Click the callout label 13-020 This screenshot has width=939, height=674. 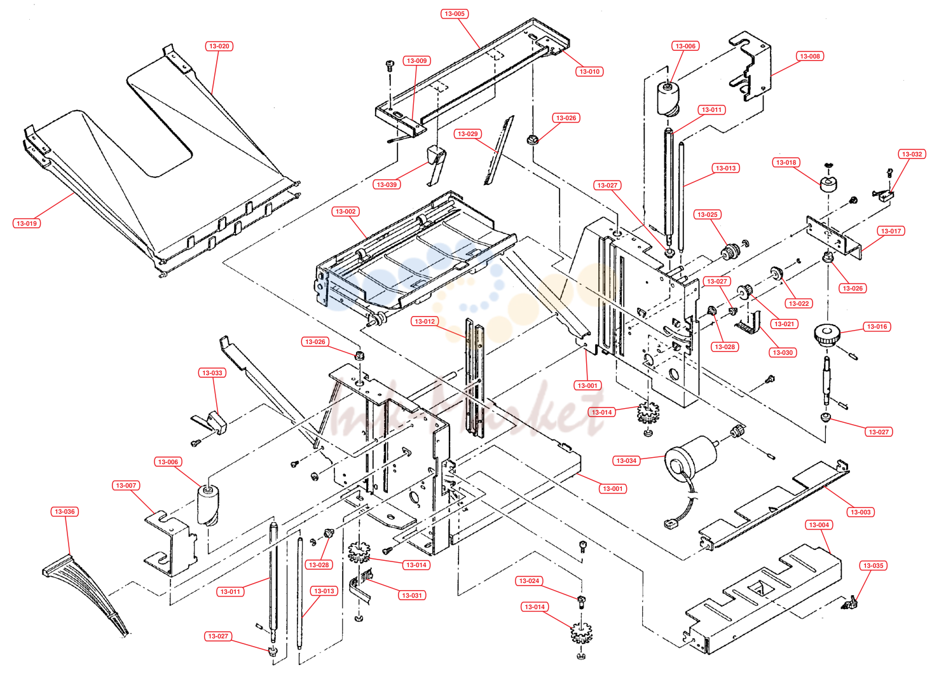219,46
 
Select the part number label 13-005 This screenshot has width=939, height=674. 455,14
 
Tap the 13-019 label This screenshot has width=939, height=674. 27,223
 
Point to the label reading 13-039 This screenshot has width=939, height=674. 387,184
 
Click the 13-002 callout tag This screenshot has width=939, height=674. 345,211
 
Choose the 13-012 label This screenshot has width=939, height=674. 425,322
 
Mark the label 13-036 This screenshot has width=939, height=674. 65,511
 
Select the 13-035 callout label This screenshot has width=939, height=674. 873,565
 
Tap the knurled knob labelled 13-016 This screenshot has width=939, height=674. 826,334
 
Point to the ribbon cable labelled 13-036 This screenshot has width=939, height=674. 86,594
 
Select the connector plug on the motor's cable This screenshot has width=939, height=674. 670,523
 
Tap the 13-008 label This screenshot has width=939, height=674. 809,56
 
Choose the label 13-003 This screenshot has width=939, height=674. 860,512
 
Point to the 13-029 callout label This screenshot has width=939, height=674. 468,134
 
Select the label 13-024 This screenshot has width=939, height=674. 529,581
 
